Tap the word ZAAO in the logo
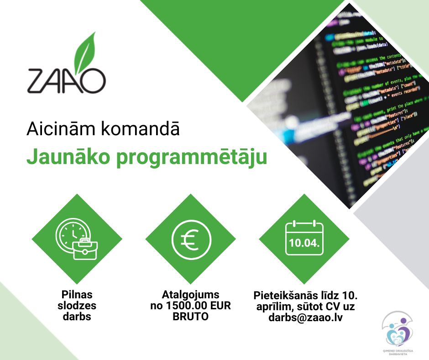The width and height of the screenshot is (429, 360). pyautogui.click(x=66, y=80)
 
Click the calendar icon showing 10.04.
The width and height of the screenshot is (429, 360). pyautogui.click(x=304, y=239)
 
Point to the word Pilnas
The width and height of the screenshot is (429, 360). pyautogui.click(x=77, y=295)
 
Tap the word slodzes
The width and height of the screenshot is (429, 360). pyautogui.click(x=77, y=306)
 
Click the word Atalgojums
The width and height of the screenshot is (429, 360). pyautogui.click(x=191, y=295)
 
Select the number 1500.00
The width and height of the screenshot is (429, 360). pyautogui.click(x=191, y=306)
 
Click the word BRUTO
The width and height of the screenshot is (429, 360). pyautogui.click(x=191, y=317)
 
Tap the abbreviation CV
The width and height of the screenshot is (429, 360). pyautogui.click(x=333, y=306)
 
